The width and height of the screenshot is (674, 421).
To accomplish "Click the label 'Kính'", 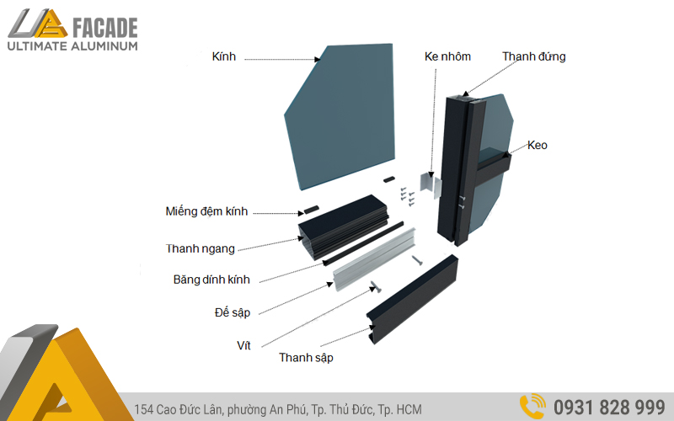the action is pyautogui.click(x=224, y=56).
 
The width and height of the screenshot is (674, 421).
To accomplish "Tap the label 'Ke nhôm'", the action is pyautogui.click(x=447, y=56).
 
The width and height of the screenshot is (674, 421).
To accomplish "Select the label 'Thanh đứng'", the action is pyautogui.click(x=534, y=56).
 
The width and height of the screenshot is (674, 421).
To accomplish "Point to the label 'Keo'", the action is pyautogui.click(x=538, y=145).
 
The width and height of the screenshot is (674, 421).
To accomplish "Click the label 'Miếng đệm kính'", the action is pyautogui.click(x=206, y=211).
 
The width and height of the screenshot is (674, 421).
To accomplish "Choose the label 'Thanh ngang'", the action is pyautogui.click(x=201, y=248).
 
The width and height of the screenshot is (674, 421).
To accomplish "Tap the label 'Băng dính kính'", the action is pyautogui.click(x=211, y=280).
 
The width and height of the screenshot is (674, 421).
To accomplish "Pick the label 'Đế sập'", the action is pyautogui.click(x=233, y=312).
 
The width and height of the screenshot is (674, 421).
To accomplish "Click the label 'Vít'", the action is pyautogui.click(x=243, y=345).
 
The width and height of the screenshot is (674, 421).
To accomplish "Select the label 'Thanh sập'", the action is pyautogui.click(x=306, y=358).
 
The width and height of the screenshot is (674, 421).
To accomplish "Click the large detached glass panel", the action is pyautogui.click(x=340, y=116).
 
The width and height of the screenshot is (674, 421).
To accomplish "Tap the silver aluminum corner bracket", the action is pyautogui.click(x=431, y=185).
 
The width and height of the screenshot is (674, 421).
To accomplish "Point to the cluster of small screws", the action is pyautogui.click(x=407, y=196).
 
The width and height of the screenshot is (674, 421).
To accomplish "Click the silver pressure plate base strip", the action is pyautogui.click(x=375, y=259).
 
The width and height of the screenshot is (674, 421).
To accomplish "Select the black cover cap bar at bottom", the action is pyautogui.click(x=412, y=299).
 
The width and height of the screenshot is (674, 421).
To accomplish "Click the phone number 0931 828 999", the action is pyautogui.click(x=609, y=408).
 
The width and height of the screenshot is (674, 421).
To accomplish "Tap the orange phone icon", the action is pyautogui.click(x=532, y=407).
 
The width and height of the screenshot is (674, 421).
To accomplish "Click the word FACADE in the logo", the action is pyautogui.click(x=105, y=28).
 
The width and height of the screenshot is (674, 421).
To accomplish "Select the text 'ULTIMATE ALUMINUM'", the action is pyautogui.click(x=72, y=46).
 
